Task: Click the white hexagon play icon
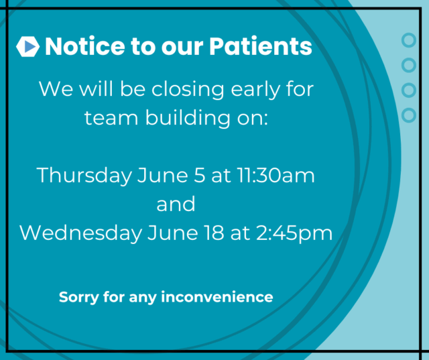click(x=27, y=46)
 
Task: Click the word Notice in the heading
click(x=85, y=46)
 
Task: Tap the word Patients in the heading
click(x=261, y=46)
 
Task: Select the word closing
click(x=188, y=89)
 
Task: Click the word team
click(x=111, y=118)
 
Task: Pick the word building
click(x=188, y=118)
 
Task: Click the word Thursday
click(x=84, y=176)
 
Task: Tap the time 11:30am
click(x=275, y=176)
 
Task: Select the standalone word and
click(x=176, y=204)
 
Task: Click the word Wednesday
click(x=80, y=233)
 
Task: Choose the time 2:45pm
click(x=294, y=233)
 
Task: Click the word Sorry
click(x=79, y=298)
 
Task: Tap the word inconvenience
click(x=217, y=297)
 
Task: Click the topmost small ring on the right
click(x=409, y=40)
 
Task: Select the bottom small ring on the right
click(x=409, y=115)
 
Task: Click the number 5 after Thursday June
click(x=200, y=175)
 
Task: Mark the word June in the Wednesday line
click(x=173, y=233)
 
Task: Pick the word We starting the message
click(x=56, y=88)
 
